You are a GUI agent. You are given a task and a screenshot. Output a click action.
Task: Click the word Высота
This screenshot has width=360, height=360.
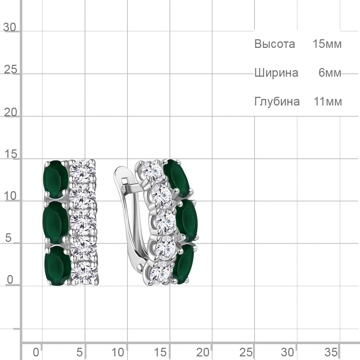tap(275, 44)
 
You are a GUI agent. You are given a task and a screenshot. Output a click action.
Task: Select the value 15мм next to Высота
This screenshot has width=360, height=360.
tap(327, 44)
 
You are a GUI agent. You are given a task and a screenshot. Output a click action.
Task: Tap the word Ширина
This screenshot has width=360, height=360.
tap(276, 73)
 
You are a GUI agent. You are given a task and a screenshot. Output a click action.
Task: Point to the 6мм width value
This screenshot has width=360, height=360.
tap(330, 73)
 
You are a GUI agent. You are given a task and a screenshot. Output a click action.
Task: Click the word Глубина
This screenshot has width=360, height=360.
tap(277, 102)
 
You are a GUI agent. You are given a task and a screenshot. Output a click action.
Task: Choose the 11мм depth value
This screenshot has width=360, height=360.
tap(328, 102)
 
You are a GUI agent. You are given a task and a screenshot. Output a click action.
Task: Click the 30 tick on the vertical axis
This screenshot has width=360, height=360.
tap(10, 27)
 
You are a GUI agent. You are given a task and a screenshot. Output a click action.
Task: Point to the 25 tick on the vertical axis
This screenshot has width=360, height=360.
tap(10, 69)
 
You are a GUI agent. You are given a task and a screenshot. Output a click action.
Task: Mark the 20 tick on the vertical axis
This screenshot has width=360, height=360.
tap(10, 112)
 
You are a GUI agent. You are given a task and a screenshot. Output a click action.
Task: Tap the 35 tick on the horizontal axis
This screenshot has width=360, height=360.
tap(331, 352)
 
